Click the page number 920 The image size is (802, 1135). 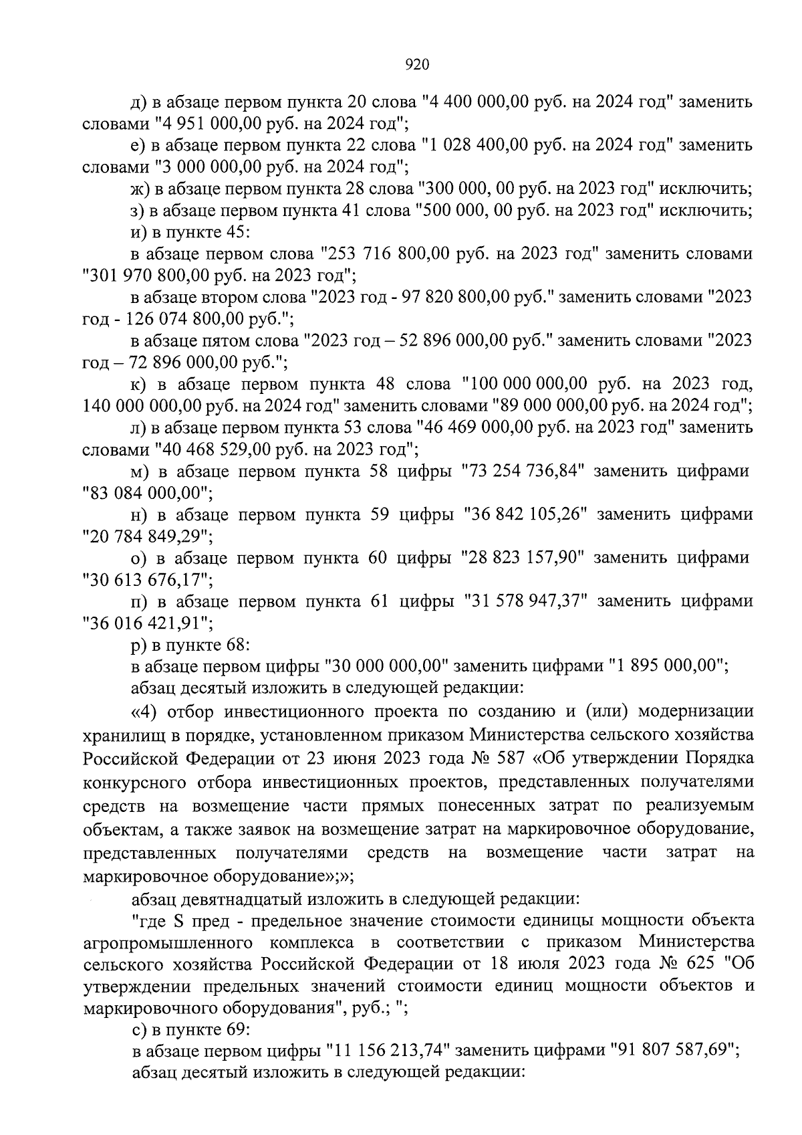[416, 65]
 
